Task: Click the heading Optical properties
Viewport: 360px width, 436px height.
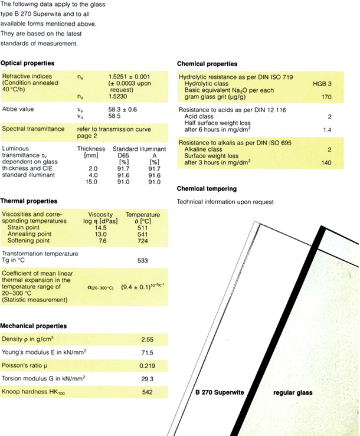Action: pos(28,63)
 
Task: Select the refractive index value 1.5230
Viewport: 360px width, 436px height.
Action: pos(119,97)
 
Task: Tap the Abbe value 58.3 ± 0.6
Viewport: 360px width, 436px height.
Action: pos(123,109)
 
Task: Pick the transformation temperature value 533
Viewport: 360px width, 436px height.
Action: pos(141,260)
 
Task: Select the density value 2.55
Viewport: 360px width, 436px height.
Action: pos(147,341)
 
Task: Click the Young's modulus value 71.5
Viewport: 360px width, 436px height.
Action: pos(147,353)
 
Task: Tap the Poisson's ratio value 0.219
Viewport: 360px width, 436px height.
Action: pos(147,366)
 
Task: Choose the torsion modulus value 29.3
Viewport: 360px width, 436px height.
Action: pos(147,378)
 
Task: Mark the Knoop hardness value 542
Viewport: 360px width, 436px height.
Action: pos(147,392)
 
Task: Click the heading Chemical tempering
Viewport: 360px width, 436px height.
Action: pos(207,189)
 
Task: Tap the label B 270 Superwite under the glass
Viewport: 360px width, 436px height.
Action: pos(220,392)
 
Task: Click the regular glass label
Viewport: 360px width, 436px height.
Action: pos(293,392)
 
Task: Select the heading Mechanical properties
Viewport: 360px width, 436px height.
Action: pos(33,326)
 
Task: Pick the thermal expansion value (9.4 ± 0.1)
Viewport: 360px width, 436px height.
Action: pos(137,287)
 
